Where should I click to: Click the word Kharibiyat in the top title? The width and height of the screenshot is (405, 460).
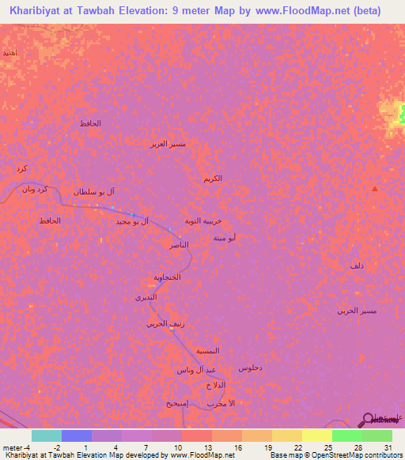pyautogui.click(x=39, y=10)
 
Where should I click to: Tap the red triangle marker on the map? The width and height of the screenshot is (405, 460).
pyautogui.click(x=374, y=188)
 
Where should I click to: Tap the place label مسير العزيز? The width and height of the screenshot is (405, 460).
pyautogui.click(x=168, y=145)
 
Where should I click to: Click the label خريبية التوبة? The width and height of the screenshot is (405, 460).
pyautogui.click(x=214, y=221)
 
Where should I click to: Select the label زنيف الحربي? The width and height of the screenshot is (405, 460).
pyautogui.click(x=165, y=323)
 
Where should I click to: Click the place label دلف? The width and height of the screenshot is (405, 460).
pyautogui.click(x=357, y=266)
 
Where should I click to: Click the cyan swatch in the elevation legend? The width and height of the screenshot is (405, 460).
pyautogui.click(x=46, y=435)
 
